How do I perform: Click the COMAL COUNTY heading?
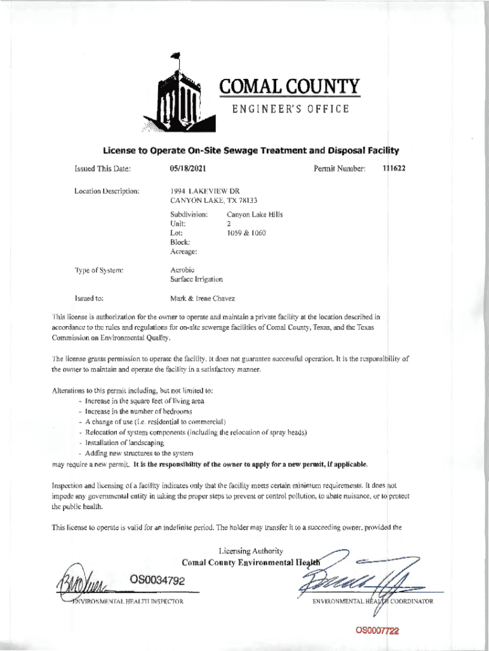[290, 86]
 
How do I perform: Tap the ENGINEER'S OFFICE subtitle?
[290, 109]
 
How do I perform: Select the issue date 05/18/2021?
[188, 168]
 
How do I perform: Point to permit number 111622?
[393, 168]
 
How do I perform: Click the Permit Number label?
[340, 168]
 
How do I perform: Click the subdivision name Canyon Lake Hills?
[255, 214]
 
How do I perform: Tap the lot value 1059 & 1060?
[246, 233]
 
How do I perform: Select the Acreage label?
[184, 252]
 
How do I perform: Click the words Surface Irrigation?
[196, 279]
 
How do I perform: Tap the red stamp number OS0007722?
[377, 631]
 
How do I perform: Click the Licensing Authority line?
[251, 551]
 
